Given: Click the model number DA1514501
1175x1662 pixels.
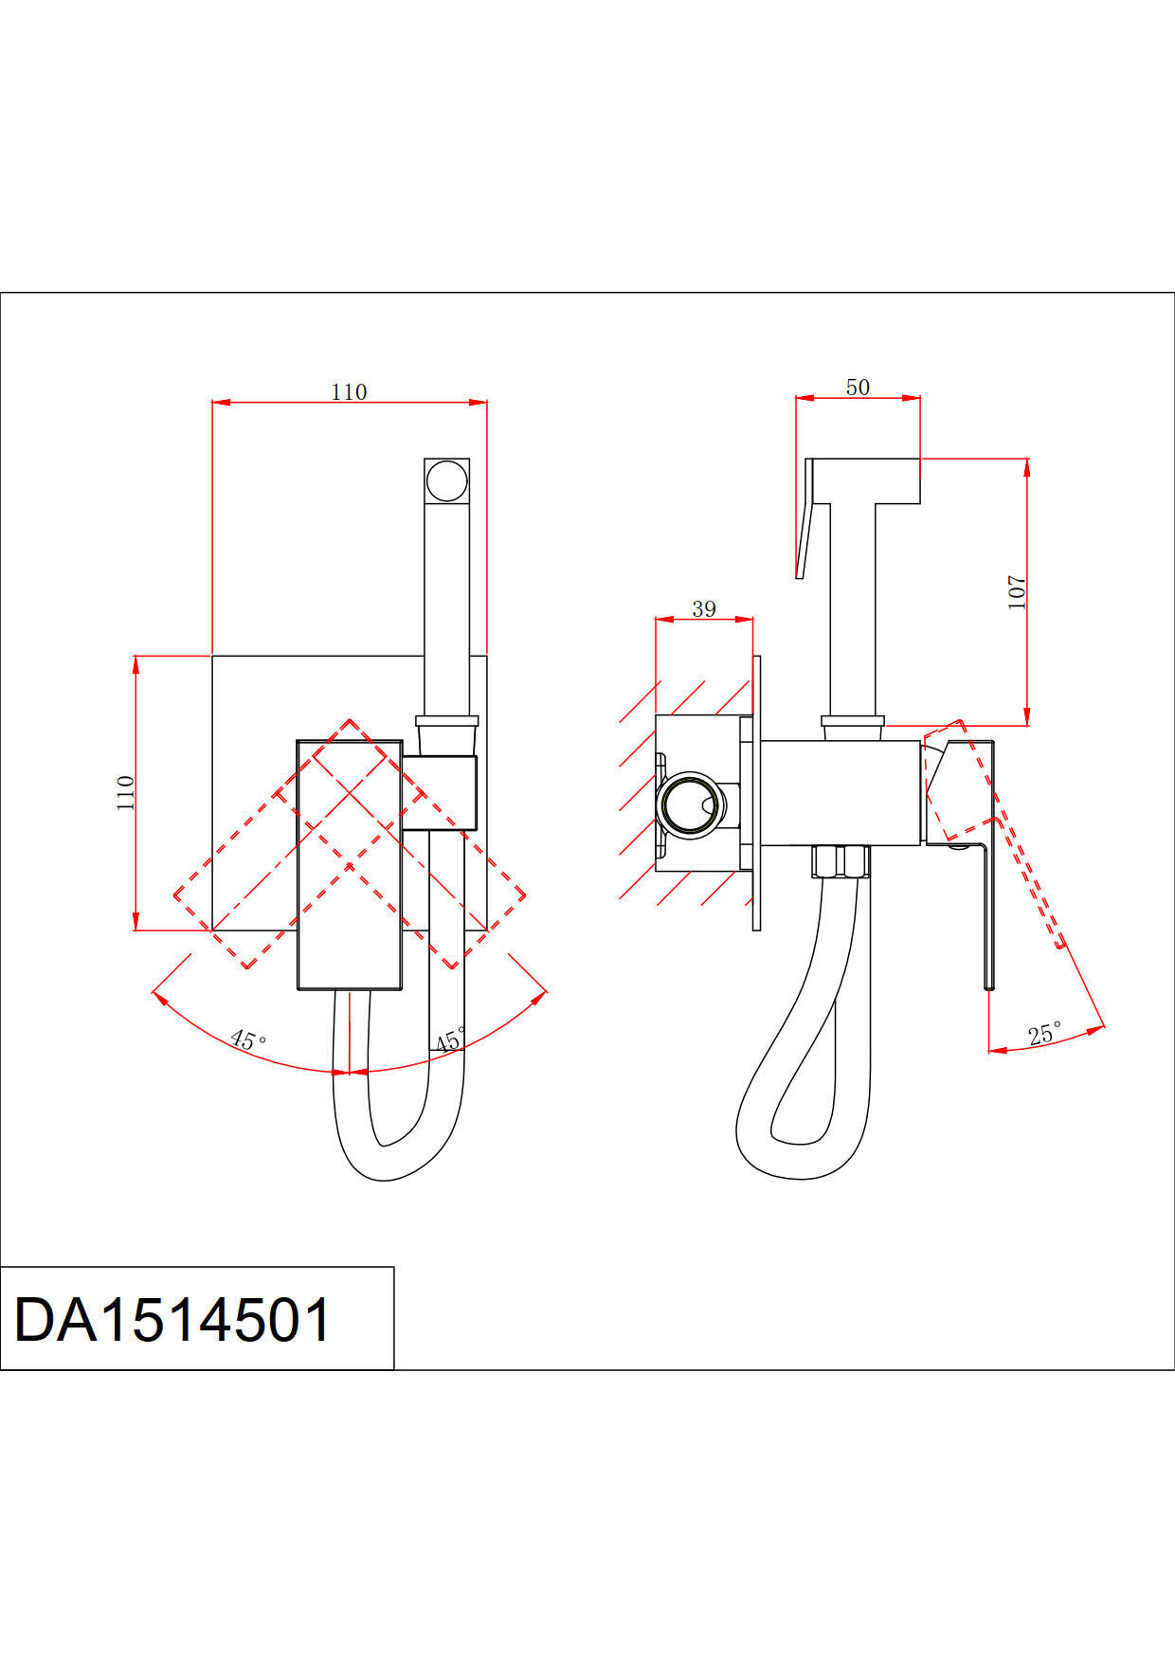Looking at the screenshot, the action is point(173,1319).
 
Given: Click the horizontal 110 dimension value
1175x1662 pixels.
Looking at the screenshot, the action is point(349,391).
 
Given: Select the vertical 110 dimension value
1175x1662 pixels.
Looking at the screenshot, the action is point(126,792).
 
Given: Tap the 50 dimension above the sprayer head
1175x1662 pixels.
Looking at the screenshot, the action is point(858,387).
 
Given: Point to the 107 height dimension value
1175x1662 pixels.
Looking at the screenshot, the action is point(1017,592).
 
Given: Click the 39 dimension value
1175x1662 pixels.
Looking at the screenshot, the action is point(704,608).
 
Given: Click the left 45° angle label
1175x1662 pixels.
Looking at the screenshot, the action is point(248,1040).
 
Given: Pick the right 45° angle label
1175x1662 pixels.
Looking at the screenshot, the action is point(449,1039).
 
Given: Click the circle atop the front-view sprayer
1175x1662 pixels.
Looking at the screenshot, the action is point(446,481).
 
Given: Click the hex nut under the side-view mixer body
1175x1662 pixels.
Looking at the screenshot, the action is point(841,862).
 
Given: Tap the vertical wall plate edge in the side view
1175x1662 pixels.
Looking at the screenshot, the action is point(756,792).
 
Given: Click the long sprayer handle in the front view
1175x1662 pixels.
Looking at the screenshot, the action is point(446,606).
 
